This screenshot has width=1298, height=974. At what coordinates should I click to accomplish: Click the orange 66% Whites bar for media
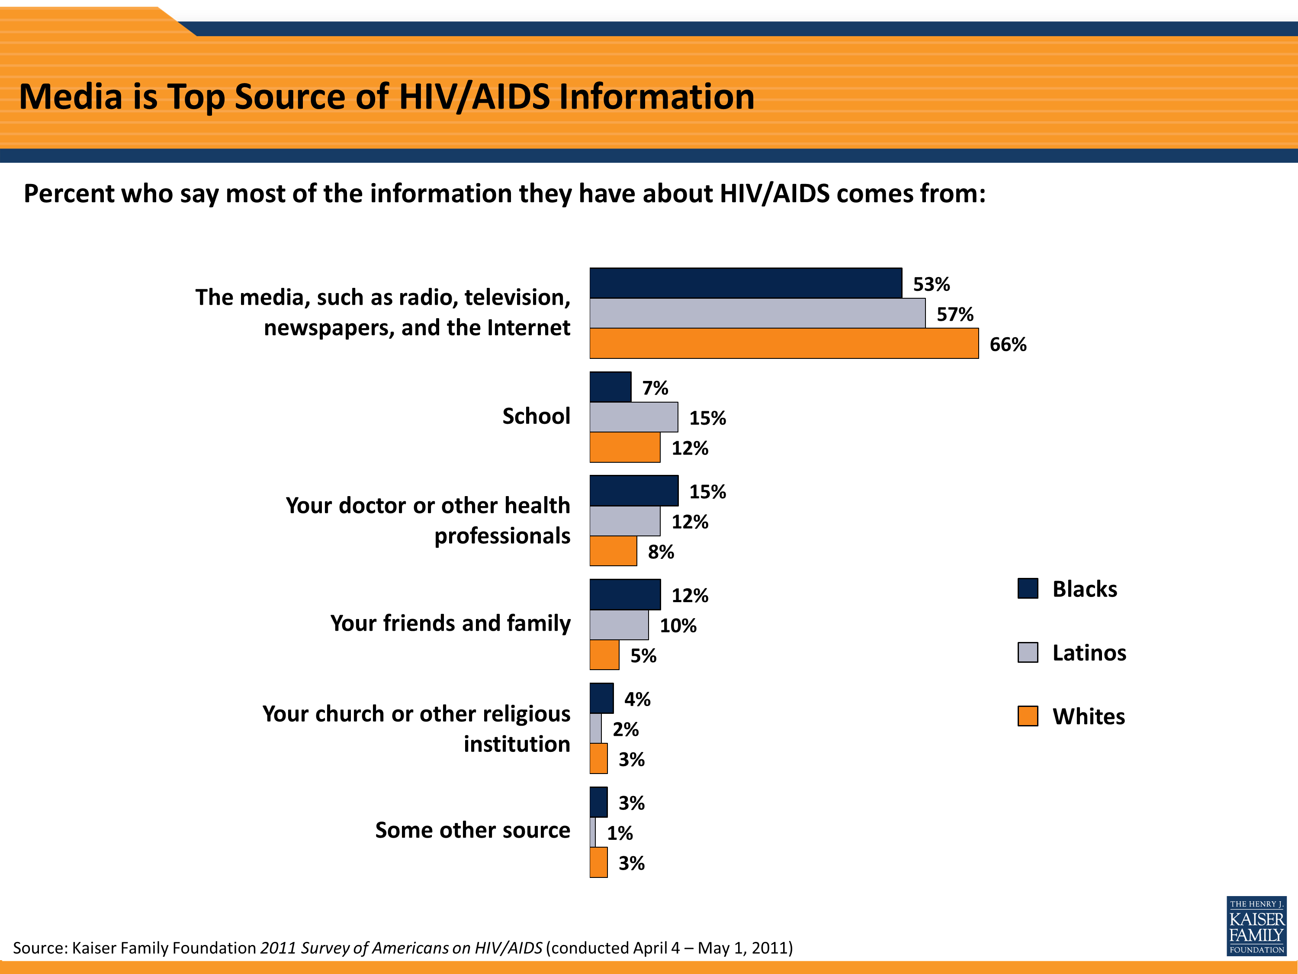(784, 343)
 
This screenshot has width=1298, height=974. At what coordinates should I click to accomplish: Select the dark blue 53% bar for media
(745, 283)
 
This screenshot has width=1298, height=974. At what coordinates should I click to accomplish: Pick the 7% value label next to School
(655, 388)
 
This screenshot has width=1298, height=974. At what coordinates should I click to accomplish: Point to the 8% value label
(661, 552)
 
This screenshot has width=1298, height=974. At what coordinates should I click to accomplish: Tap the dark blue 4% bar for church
(601, 699)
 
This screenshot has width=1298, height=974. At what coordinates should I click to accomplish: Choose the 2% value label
(626, 729)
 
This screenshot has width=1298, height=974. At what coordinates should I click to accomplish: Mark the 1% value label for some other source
(620, 833)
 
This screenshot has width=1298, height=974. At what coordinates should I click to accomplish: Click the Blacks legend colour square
(1028, 588)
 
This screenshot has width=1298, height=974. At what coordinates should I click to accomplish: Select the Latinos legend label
(1089, 653)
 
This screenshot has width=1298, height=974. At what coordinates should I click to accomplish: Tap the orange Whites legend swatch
(1028, 716)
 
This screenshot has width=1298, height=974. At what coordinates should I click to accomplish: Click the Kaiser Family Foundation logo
(1256, 926)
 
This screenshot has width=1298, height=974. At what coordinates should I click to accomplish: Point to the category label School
(536, 416)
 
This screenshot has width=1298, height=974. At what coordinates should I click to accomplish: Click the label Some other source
(472, 830)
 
